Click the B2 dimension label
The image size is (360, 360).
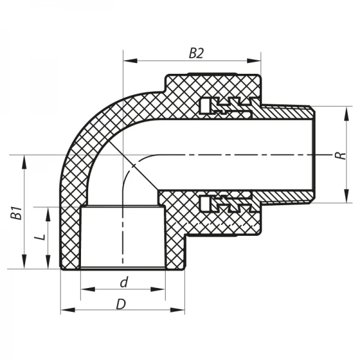[x=196, y=53]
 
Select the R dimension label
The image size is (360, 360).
[x=340, y=155]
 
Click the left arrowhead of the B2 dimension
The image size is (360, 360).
[x=128, y=60]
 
